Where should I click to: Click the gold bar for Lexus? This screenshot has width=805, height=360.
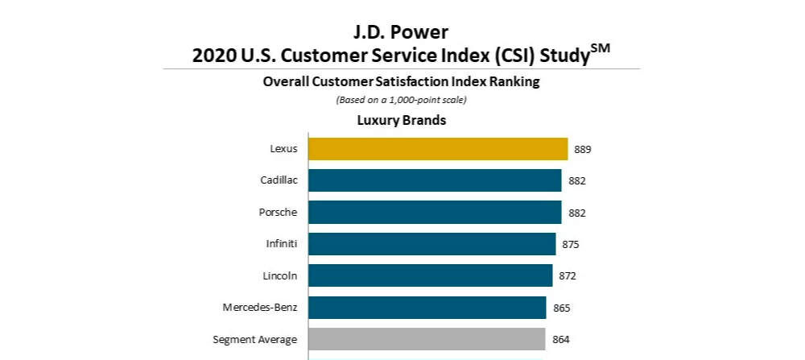[x=438, y=149]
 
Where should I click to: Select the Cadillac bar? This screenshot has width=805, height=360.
[x=435, y=180]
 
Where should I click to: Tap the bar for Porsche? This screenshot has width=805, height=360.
[x=435, y=212]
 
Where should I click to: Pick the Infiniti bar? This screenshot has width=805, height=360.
[x=431, y=244]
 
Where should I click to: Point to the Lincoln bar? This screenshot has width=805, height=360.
[x=430, y=275]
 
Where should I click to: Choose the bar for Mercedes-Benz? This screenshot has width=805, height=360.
[x=427, y=308]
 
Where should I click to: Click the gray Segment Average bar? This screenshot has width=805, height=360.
[x=427, y=339]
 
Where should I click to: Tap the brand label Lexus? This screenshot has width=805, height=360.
[x=283, y=149]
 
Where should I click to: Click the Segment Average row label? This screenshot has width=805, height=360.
[x=255, y=339]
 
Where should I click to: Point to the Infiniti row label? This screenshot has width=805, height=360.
[x=281, y=244]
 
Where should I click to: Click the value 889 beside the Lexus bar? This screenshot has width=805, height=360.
[x=583, y=150]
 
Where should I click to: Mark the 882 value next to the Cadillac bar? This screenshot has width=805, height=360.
[x=576, y=181]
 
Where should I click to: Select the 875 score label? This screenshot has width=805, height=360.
[x=571, y=245]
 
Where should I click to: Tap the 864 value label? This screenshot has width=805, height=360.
[x=561, y=340]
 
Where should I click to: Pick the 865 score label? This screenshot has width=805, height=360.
[x=561, y=308]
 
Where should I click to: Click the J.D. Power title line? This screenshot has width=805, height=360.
[x=401, y=33]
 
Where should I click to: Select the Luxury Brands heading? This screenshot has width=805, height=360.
[x=401, y=121]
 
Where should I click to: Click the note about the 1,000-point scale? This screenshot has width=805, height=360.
[x=401, y=101]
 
